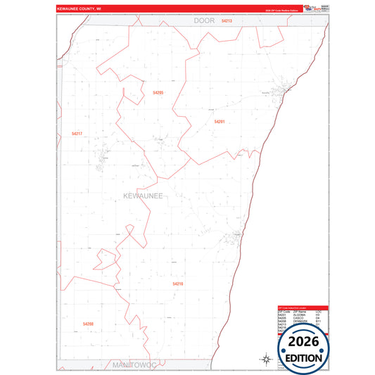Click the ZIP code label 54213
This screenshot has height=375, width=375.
pyautogui.click(x=227, y=22)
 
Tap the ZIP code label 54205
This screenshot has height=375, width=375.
pyautogui.click(x=158, y=93)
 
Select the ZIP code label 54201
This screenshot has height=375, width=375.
pyautogui.click(x=220, y=122)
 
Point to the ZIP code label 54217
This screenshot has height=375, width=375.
pyautogui.click(x=77, y=133)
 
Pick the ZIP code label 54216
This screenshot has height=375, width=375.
pyautogui.click(x=178, y=284)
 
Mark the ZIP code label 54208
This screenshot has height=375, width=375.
pyautogui.click(x=88, y=324)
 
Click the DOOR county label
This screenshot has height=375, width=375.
pyautogui.click(x=204, y=22)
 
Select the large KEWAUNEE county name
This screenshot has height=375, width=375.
pyautogui.click(x=143, y=196)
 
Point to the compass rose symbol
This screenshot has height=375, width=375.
pyautogui.click(x=267, y=360)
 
